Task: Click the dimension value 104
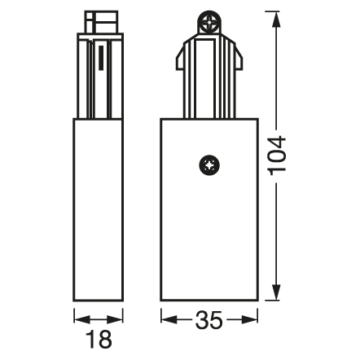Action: point(277,156)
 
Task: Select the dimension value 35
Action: point(209,319)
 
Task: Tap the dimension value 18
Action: point(99,340)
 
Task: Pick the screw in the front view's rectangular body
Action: point(209,165)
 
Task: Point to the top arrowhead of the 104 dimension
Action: point(276,19)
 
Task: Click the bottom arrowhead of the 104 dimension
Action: point(276,292)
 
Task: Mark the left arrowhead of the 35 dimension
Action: point(169,319)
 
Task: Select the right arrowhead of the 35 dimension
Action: point(250,319)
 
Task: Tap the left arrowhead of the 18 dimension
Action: point(81,319)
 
